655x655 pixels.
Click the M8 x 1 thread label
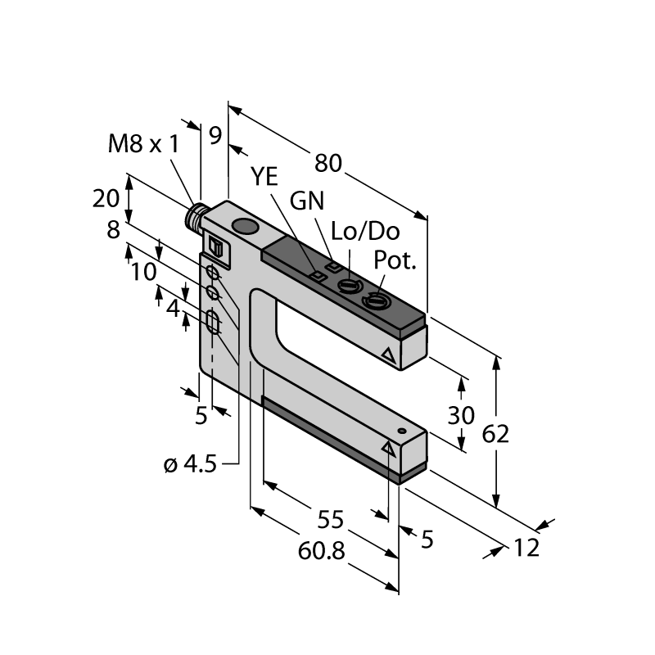[143, 144]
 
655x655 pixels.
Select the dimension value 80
[328, 163]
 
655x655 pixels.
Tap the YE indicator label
[264, 176]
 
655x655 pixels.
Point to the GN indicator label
[307, 201]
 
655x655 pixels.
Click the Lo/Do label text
[365, 231]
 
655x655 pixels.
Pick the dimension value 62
[495, 434]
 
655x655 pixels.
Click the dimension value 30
[461, 415]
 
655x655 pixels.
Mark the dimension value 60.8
[321, 551]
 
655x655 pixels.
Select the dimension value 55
[330, 520]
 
